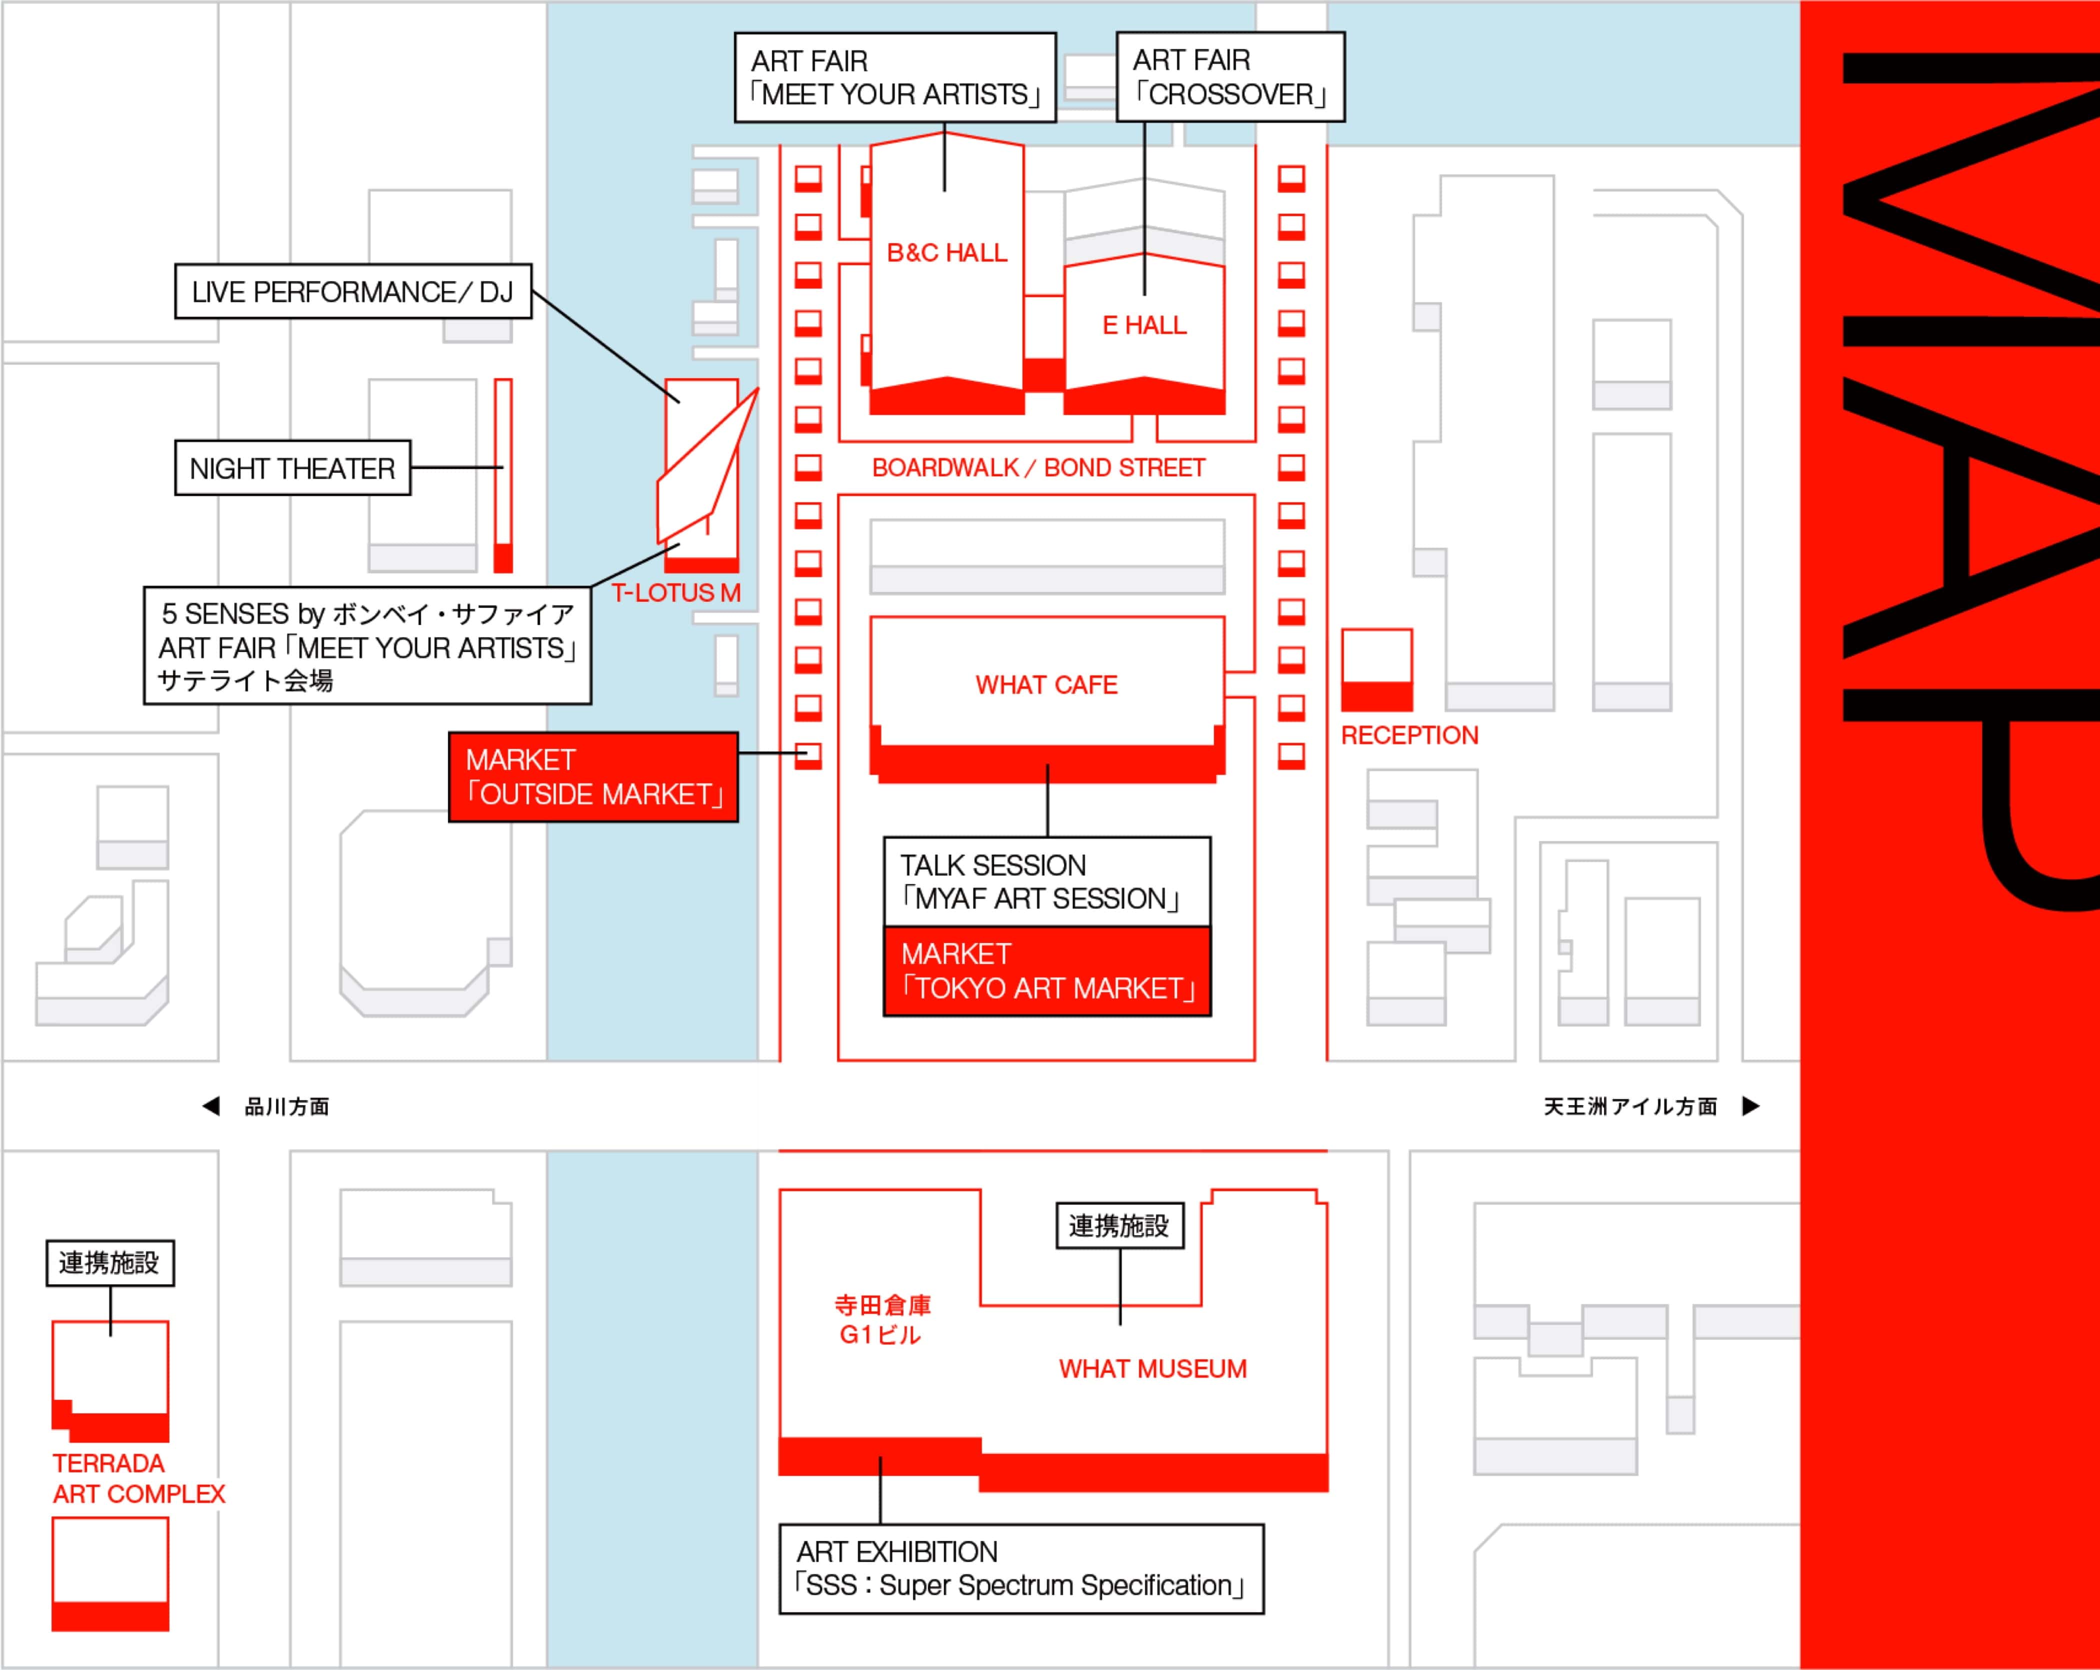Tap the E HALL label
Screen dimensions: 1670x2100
click(x=1144, y=325)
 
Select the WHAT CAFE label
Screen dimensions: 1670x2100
click(x=1046, y=685)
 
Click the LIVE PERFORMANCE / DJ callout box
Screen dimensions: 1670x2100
click(x=352, y=291)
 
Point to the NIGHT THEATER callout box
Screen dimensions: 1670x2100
click(x=292, y=469)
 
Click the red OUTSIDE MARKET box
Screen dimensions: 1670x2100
click(x=593, y=777)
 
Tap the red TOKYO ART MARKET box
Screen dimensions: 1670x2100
click(x=1047, y=972)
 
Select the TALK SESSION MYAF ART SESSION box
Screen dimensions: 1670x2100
click(x=1047, y=882)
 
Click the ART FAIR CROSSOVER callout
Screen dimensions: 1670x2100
click(x=1230, y=77)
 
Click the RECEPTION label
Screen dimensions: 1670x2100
click(x=1409, y=735)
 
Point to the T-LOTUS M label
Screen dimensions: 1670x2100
click(x=676, y=592)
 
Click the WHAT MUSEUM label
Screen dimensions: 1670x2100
click(x=1152, y=1369)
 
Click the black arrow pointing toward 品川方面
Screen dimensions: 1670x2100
click(x=210, y=1106)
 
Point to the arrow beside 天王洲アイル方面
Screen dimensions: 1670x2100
click(x=1750, y=1106)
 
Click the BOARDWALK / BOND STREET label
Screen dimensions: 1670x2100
click(x=1038, y=469)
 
